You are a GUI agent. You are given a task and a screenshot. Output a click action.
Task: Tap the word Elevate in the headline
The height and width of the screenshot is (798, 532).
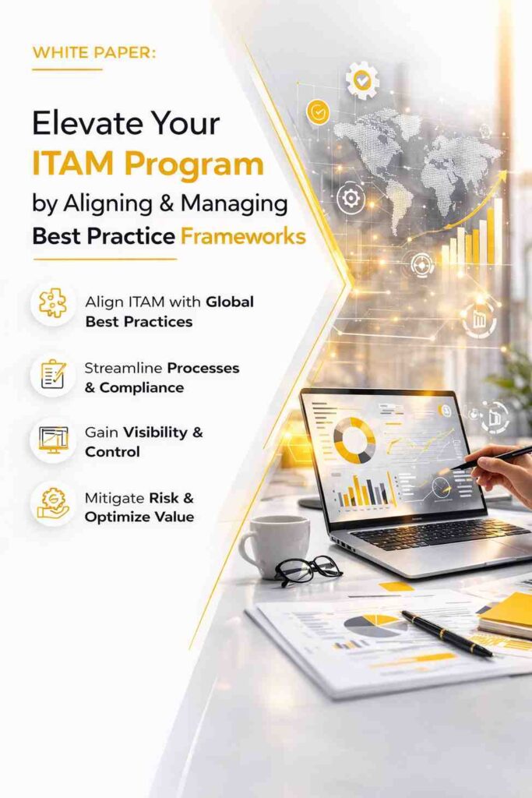81,125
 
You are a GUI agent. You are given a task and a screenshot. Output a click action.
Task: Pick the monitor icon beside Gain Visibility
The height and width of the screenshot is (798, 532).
53,440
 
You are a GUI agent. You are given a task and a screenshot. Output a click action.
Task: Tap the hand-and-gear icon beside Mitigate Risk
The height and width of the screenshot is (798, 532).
53,503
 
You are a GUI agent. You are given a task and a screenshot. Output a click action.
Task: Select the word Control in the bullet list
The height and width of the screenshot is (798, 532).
112,452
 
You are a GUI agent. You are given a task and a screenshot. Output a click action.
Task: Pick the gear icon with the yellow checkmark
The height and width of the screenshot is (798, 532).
361,80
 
